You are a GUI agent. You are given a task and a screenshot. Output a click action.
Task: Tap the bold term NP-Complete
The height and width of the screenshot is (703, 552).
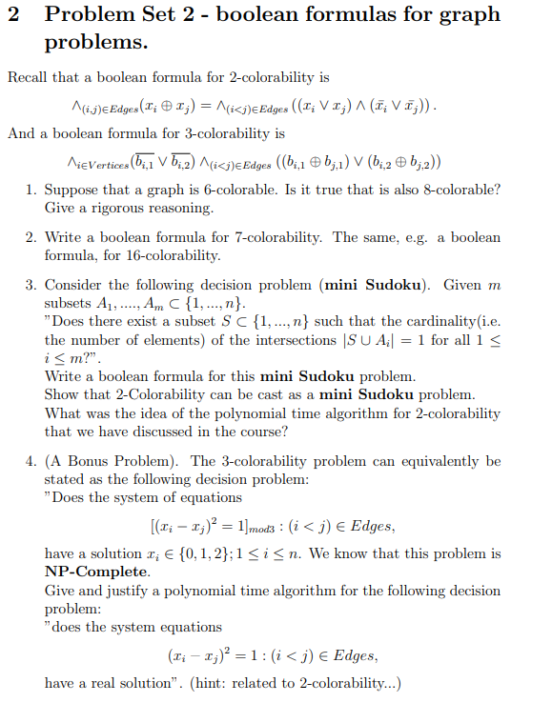[96, 572]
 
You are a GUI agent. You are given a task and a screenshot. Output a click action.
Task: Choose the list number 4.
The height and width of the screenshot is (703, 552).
[30, 462]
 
